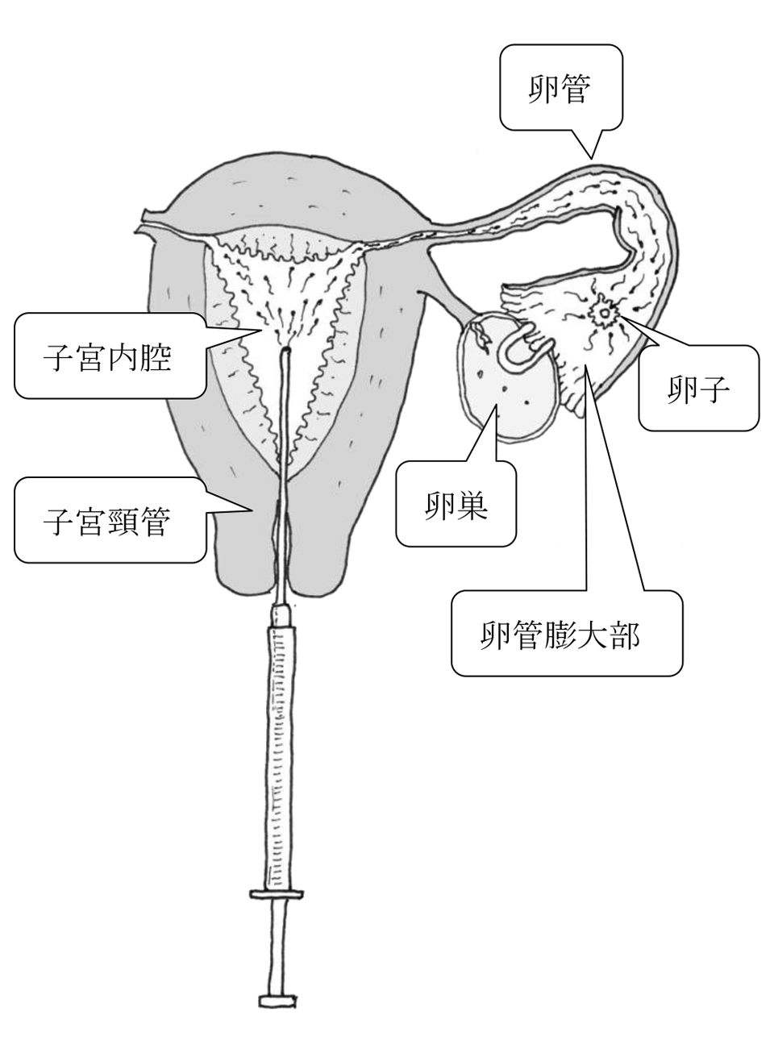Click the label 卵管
(x=560, y=89)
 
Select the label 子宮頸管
(x=107, y=521)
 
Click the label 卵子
(x=698, y=391)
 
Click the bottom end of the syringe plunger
(x=277, y=1000)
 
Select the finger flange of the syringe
(x=277, y=893)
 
